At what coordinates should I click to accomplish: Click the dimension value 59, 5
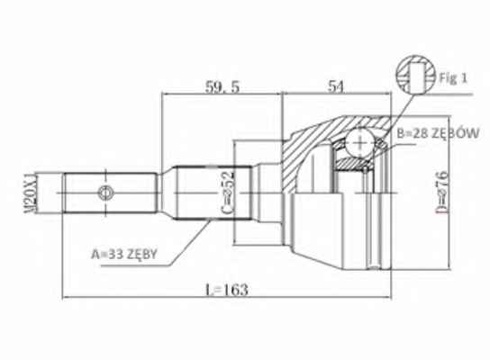coord(222,87)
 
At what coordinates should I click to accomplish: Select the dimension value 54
coord(336,86)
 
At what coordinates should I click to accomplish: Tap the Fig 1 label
coord(453,77)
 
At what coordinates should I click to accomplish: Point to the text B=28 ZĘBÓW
coord(438,133)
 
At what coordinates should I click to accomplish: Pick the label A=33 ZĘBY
coord(124,254)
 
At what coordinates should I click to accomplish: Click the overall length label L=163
coord(227,290)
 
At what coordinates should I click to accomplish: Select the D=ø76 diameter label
coord(443,193)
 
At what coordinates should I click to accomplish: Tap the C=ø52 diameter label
coord(228,193)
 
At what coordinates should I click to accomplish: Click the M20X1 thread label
coord(32,193)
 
